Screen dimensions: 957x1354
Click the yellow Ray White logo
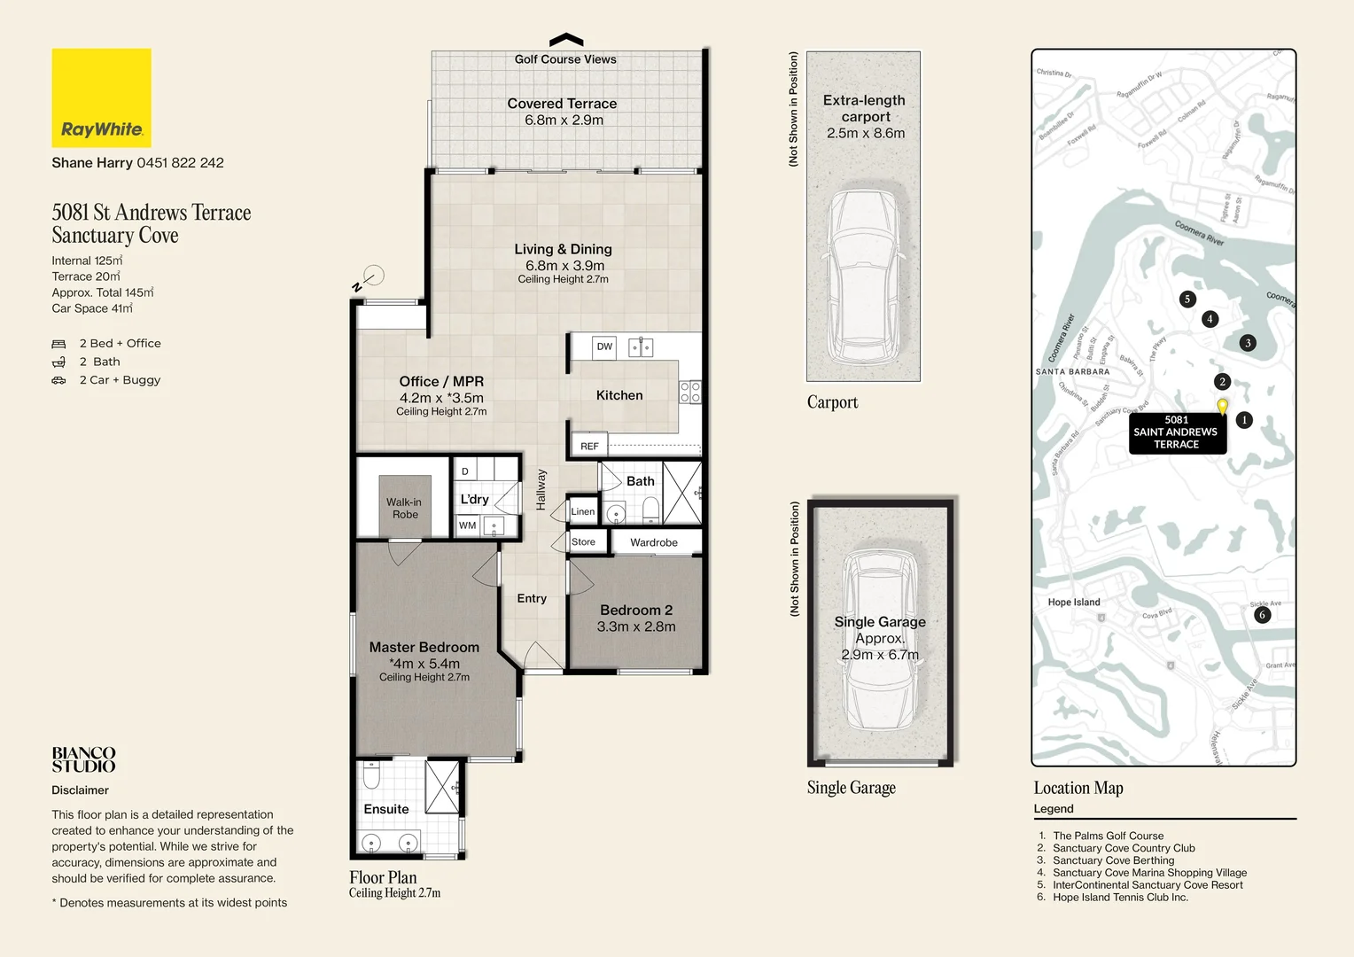tap(101, 97)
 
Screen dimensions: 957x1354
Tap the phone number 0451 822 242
tap(180, 163)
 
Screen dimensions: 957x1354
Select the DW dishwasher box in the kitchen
tap(604, 346)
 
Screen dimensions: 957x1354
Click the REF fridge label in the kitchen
tap(589, 446)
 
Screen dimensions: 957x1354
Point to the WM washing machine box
tap(468, 525)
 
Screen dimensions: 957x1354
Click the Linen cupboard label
tap(582, 511)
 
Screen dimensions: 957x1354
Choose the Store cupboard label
tap(583, 542)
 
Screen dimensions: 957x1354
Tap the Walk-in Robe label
tap(405, 508)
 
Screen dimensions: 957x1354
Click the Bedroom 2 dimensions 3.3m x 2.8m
tap(635, 626)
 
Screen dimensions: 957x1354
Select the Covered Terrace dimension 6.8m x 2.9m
tap(564, 120)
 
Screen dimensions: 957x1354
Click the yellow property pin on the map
tap(1222, 406)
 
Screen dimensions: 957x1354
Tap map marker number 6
tap(1262, 614)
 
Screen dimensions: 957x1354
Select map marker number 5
tap(1187, 299)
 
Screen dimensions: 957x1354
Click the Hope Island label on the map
tap(1074, 603)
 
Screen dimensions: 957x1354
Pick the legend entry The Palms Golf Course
tap(1108, 836)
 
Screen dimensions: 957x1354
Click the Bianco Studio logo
tap(83, 759)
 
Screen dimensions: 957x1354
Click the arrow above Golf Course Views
tap(566, 40)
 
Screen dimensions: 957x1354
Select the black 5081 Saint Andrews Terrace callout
tap(1176, 432)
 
